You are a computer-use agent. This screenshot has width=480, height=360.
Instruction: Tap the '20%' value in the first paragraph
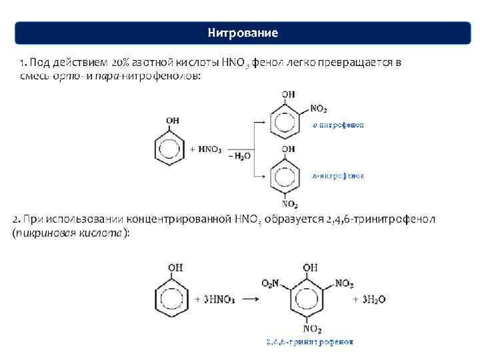coord(123,63)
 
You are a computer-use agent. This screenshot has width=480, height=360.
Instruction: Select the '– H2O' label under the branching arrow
coord(239,156)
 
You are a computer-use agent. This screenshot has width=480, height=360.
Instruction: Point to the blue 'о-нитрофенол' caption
coord(338,125)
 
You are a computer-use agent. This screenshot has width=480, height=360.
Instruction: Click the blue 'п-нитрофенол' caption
coord(338,176)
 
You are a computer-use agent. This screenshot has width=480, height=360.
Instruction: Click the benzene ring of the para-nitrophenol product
coord(289,174)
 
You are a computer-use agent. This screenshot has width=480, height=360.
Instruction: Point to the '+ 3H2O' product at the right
coord(370,299)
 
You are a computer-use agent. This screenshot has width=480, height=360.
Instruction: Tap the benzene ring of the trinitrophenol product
coord(310,299)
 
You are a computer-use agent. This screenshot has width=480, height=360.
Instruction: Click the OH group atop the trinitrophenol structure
coord(310,268)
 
